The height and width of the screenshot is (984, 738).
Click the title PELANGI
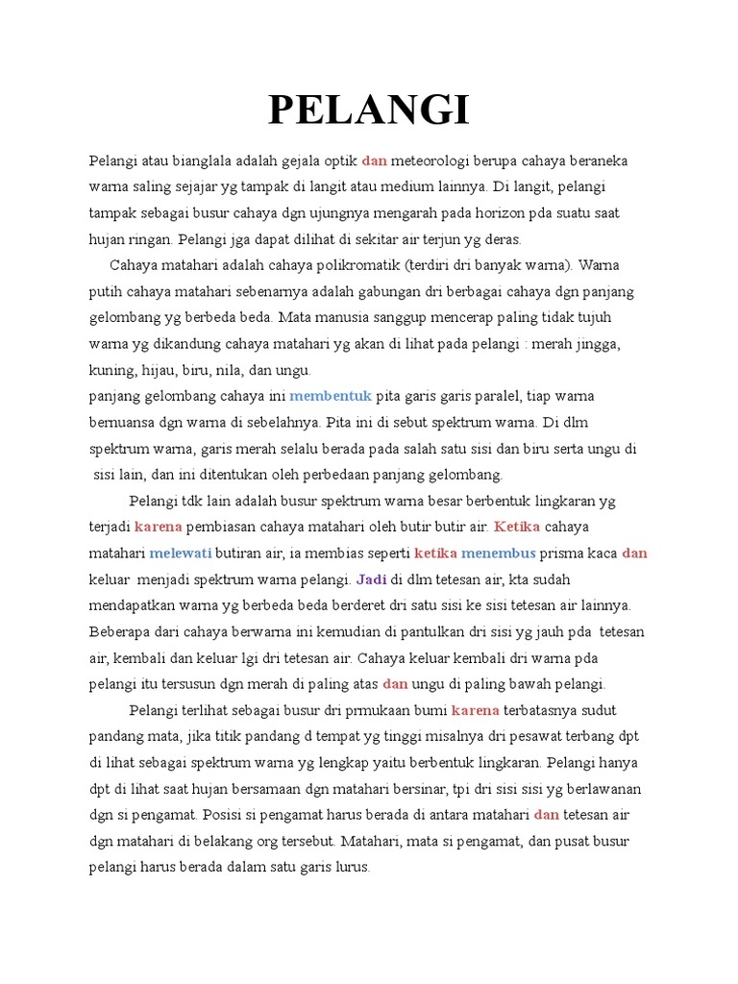pos(369,111)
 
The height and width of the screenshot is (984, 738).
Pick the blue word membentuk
pos(330,396)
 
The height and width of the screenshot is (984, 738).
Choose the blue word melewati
pos(180,553)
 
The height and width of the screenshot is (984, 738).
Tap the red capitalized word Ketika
pos(517,527)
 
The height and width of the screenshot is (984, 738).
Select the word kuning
pos(112,370)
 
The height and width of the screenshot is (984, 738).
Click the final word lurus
pos(351,867)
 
